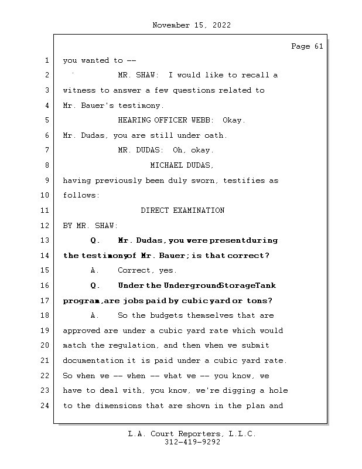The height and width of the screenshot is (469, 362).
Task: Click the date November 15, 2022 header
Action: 191,25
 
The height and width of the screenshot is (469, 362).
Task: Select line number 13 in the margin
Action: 46,240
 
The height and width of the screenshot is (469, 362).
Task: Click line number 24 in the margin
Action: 46,406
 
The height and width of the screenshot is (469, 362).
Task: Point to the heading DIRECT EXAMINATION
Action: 182,210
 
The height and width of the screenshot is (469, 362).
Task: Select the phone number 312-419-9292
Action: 192,443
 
